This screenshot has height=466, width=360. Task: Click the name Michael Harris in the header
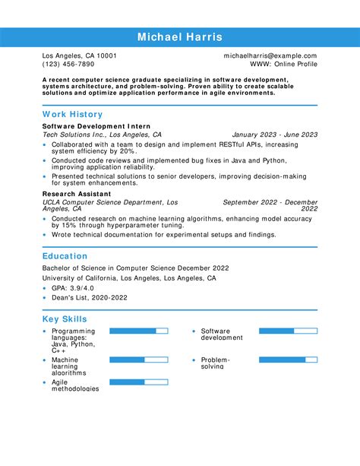pyautogui.click(x=180, y=37)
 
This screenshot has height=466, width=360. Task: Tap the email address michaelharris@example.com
pyautogui.click(x=270, y=56)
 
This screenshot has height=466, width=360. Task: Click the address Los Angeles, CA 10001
pyautogui.click(x=79, y=56)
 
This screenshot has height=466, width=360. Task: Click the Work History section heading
pyautogui.click(x=72, y=114)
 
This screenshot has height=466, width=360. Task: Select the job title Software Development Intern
pyautogui.click(x=96, y=125)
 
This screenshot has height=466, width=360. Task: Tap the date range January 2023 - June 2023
pyautogui.click(x=274, y=135)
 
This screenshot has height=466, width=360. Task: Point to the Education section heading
pyautogui.click(x=65, y=256)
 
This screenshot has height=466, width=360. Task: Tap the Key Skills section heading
pyautogui.click(x=65, y=319)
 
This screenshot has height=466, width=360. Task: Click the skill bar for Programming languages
pyautogui.click(x=138, y=331)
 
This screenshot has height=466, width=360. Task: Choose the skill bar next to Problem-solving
pyautogui.click(x=288, y=360)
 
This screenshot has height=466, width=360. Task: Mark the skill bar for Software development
pyautogui.click(x=288, y=331)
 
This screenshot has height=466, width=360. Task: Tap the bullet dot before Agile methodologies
pyautogui.click(x=45, y=382)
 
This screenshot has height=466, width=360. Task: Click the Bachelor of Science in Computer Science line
pyautogui.click(x=136, y=268)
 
